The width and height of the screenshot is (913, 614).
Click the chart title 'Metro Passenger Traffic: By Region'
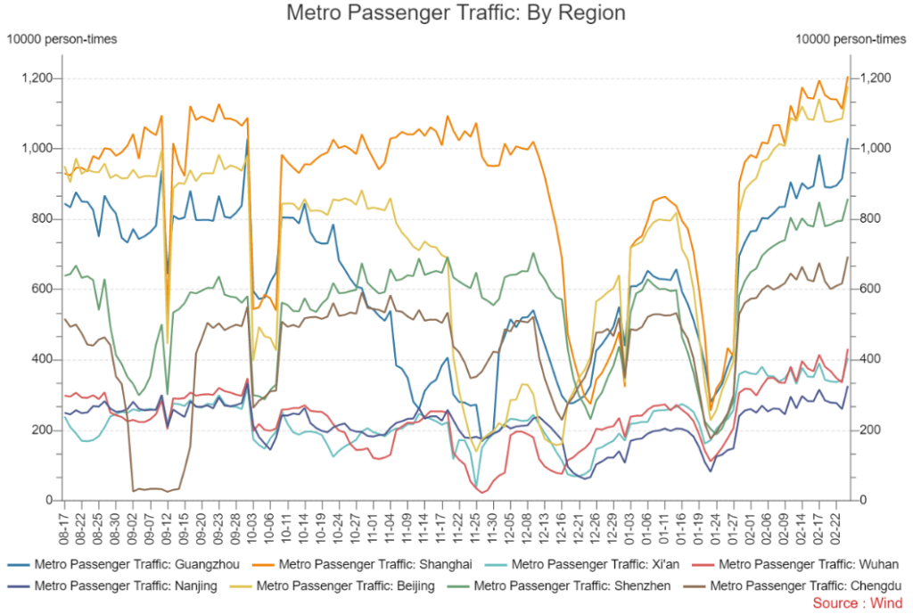456,13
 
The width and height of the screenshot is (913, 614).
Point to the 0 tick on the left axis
48,501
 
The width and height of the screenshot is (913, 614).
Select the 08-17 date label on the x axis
65,526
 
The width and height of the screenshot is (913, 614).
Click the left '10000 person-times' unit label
62,38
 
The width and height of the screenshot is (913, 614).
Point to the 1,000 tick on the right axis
876,149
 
